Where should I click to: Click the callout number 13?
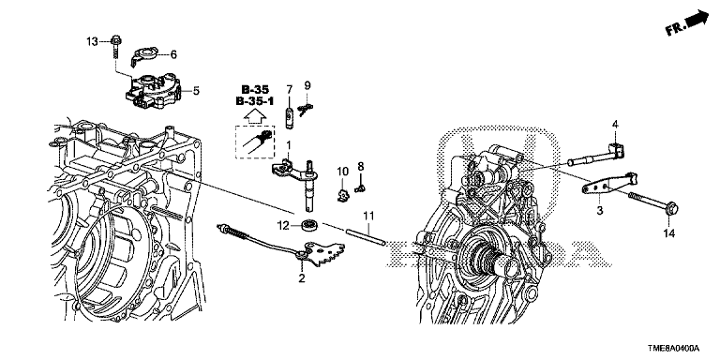92,42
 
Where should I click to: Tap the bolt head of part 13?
114,40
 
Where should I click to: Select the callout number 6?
173,54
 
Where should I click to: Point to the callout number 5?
196,90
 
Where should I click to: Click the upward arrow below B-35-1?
254,117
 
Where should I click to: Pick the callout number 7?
290,88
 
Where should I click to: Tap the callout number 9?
307,85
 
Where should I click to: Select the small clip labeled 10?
342,195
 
